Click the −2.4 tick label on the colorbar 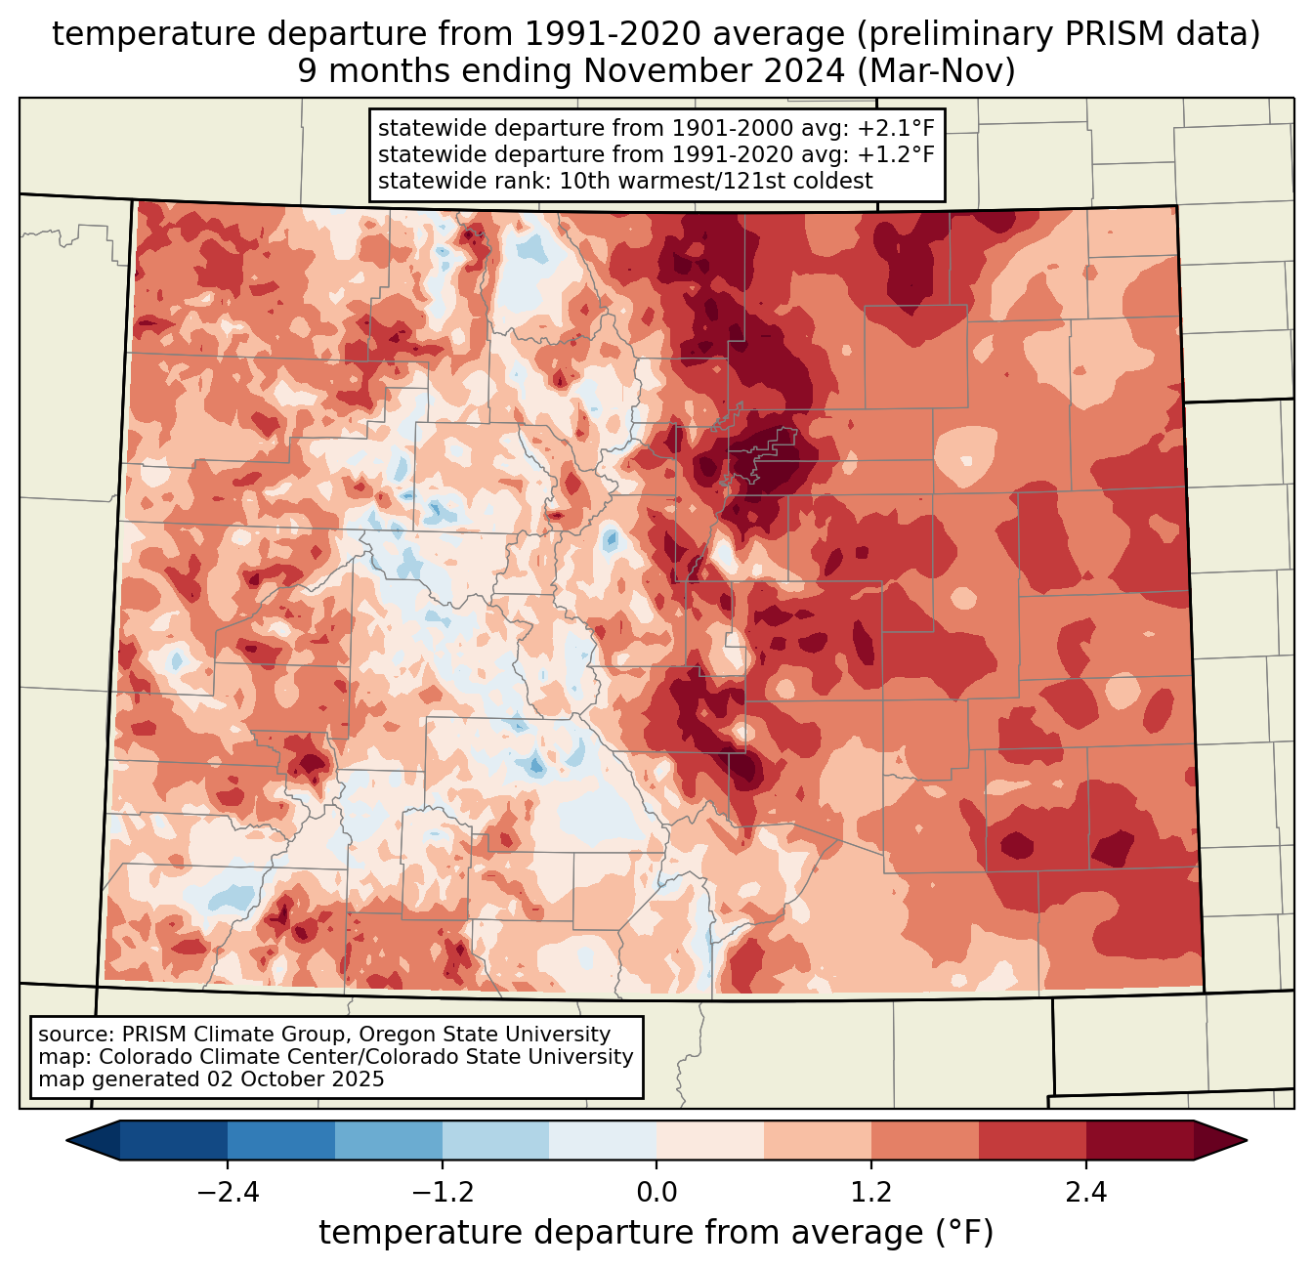[x=228, y=1192]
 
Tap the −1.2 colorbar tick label [x=443, y=1192]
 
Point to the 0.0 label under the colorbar [x=656, y=1192]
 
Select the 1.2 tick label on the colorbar [x=871, y=1192]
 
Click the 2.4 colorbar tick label [x=1086, y=1192]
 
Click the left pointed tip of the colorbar [x=67, y=1141]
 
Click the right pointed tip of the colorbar [x=1247, y=1141]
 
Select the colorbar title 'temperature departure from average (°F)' [x=656, y=1232]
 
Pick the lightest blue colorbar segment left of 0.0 [x=603, y=1141]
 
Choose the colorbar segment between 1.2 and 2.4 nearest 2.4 [x=1033, y=1141]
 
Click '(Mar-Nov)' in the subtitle [x=936, y=71]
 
